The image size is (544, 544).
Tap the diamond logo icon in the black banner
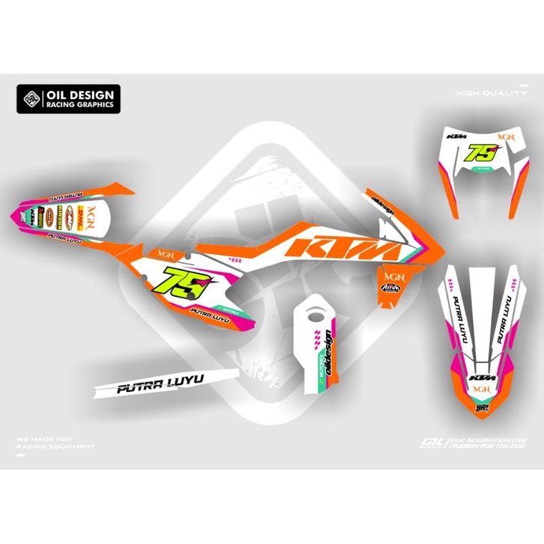click(31, 100)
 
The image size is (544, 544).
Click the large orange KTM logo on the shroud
click(341, 248)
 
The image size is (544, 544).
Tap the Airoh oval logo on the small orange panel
click(390, 286)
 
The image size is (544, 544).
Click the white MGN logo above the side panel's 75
click(165, 253)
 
